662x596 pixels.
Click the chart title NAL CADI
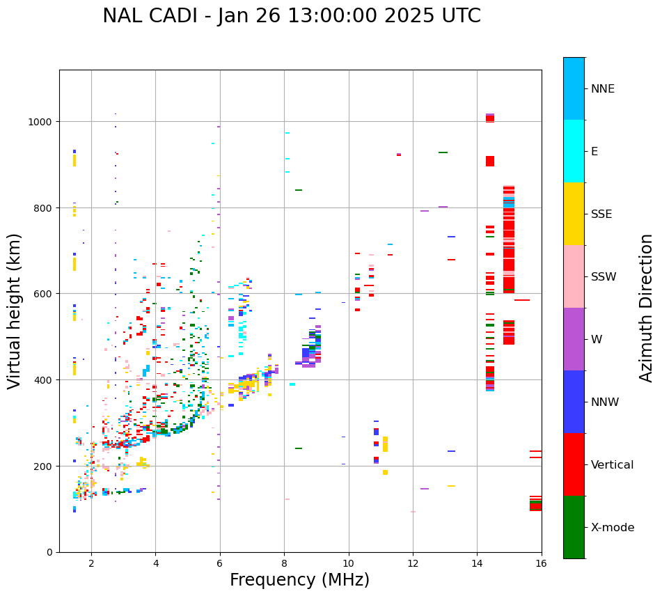[x=291, y=16]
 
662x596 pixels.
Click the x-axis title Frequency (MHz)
[x=299, y=580]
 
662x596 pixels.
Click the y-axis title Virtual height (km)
[x=15, y=311]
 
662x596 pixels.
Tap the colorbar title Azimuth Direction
[x=647, y=307]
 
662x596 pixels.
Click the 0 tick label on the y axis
[x=51, y=552]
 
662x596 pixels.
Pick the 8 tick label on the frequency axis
[x=284, y=564]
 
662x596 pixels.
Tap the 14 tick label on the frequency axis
[x=477, y=564]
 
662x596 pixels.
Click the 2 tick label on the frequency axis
[x=91, y=564]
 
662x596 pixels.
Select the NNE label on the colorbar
[x=603, y=88]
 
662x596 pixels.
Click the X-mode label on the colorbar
[x=613, y=527]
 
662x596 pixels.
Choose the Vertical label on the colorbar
[x=613, y=464]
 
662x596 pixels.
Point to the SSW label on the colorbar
[x=604, y=276]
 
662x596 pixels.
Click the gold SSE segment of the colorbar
[x=574, y=214]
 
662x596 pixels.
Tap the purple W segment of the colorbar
[x=574, y=339]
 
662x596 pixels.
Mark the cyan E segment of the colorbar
[x=574, y=151]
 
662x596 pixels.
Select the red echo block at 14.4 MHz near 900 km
[x=490, y=161]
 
